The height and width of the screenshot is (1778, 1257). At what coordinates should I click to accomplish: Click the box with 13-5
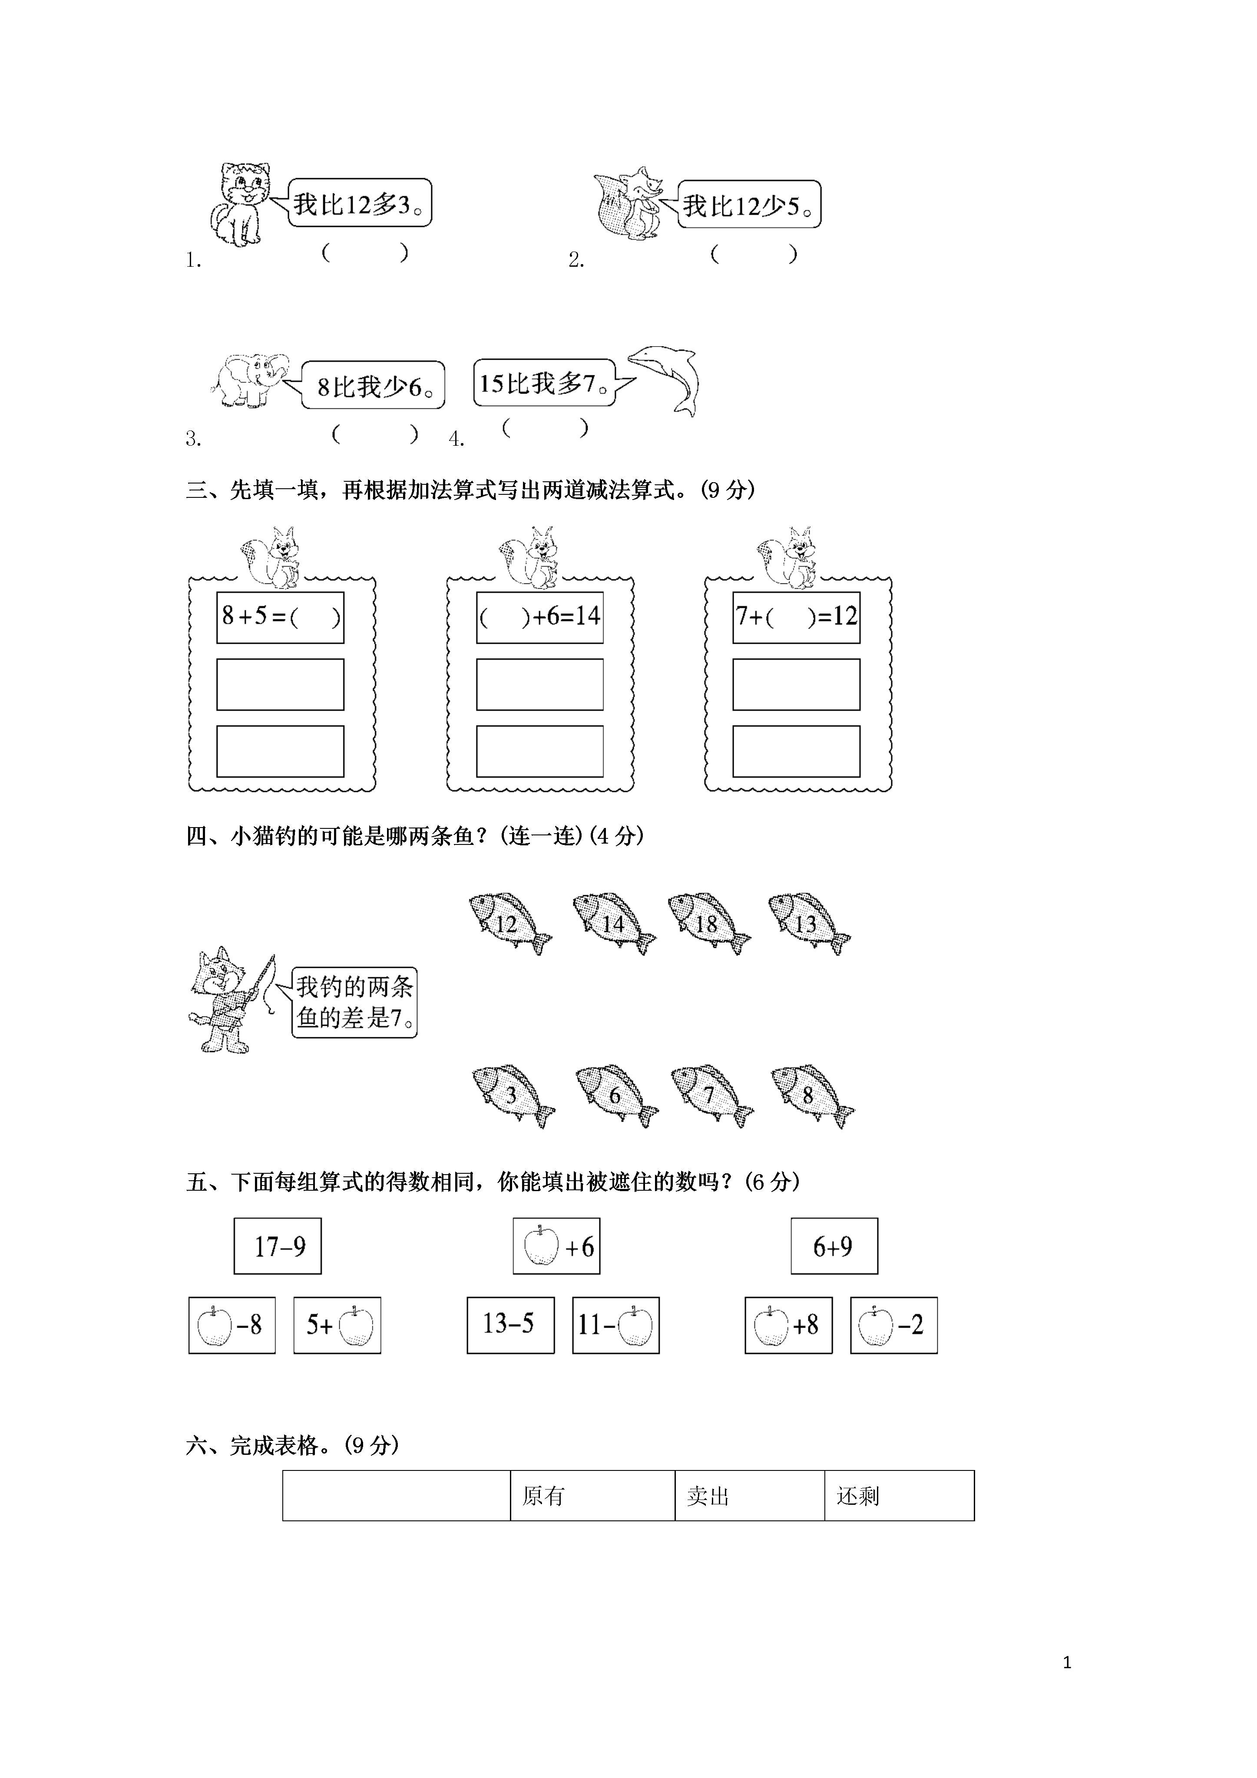[510, 1325]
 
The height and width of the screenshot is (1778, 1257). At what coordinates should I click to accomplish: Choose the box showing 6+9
[834, 1246]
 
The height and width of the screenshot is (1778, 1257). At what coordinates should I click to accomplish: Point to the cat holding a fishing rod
[231, 999]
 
